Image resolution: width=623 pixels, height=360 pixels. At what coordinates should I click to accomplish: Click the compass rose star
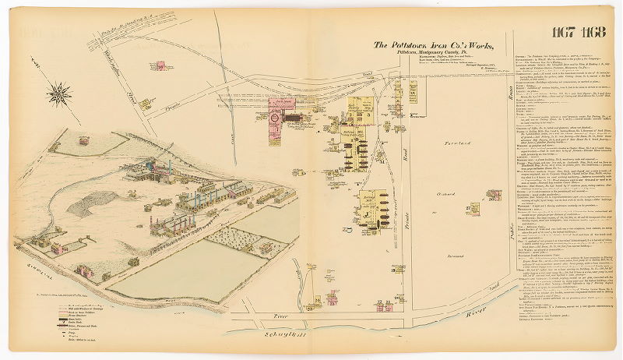pyautogui.click(x=59, y=94)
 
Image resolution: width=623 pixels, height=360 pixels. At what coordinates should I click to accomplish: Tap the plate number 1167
pyautogui.click(x=563, y=32)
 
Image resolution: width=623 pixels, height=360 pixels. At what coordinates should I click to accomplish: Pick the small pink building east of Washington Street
pyautogui.click(x=160, y=68)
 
